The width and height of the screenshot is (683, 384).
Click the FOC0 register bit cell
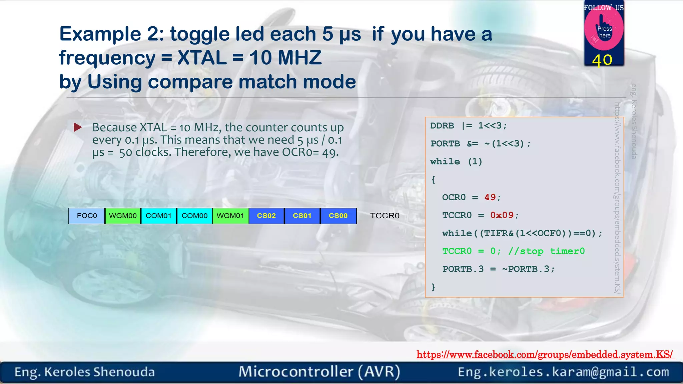pyautogui.click(x=87, y=216)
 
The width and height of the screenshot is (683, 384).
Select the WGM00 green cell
pyautogui.click(x=123, y=216)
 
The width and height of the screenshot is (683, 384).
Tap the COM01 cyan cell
pyautogui.click(x=158, y=216)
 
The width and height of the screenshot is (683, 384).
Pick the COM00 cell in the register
pyautogui.click(x=194, y=216)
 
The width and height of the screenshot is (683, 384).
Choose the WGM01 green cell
pyautogui.click(x=230, y=216)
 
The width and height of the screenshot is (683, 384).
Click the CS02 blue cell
pyautogui.click(x=266, y=216)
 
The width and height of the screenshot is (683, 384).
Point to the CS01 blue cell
pyautogui.click(x=302, y=216)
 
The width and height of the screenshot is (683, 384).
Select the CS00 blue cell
pyautogui.click(x=338, y=216)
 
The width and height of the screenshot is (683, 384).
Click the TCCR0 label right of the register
pyautogui.click(x=385, y=216)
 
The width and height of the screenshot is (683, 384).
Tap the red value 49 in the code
pyautogui.click(x=490, y=197)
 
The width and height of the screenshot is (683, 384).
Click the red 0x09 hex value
pyautogui.click(x=502, y=215)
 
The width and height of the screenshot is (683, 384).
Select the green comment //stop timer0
pyautogui.click(x=546, y=251)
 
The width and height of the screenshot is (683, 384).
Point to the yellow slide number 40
pyautogui.click(x=602, y=60)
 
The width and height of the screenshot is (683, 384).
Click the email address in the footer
pyautogui.click(x=563, y=372)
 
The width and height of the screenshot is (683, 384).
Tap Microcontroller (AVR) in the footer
pyautogui.click(x=319, y=372)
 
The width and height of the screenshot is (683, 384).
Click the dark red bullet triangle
pyautogui.click(x=78, y=127)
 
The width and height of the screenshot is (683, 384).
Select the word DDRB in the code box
pyautogui.click(x=442, y=126)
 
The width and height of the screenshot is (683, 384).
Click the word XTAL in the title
pyautogui.click(x=202, y=58)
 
